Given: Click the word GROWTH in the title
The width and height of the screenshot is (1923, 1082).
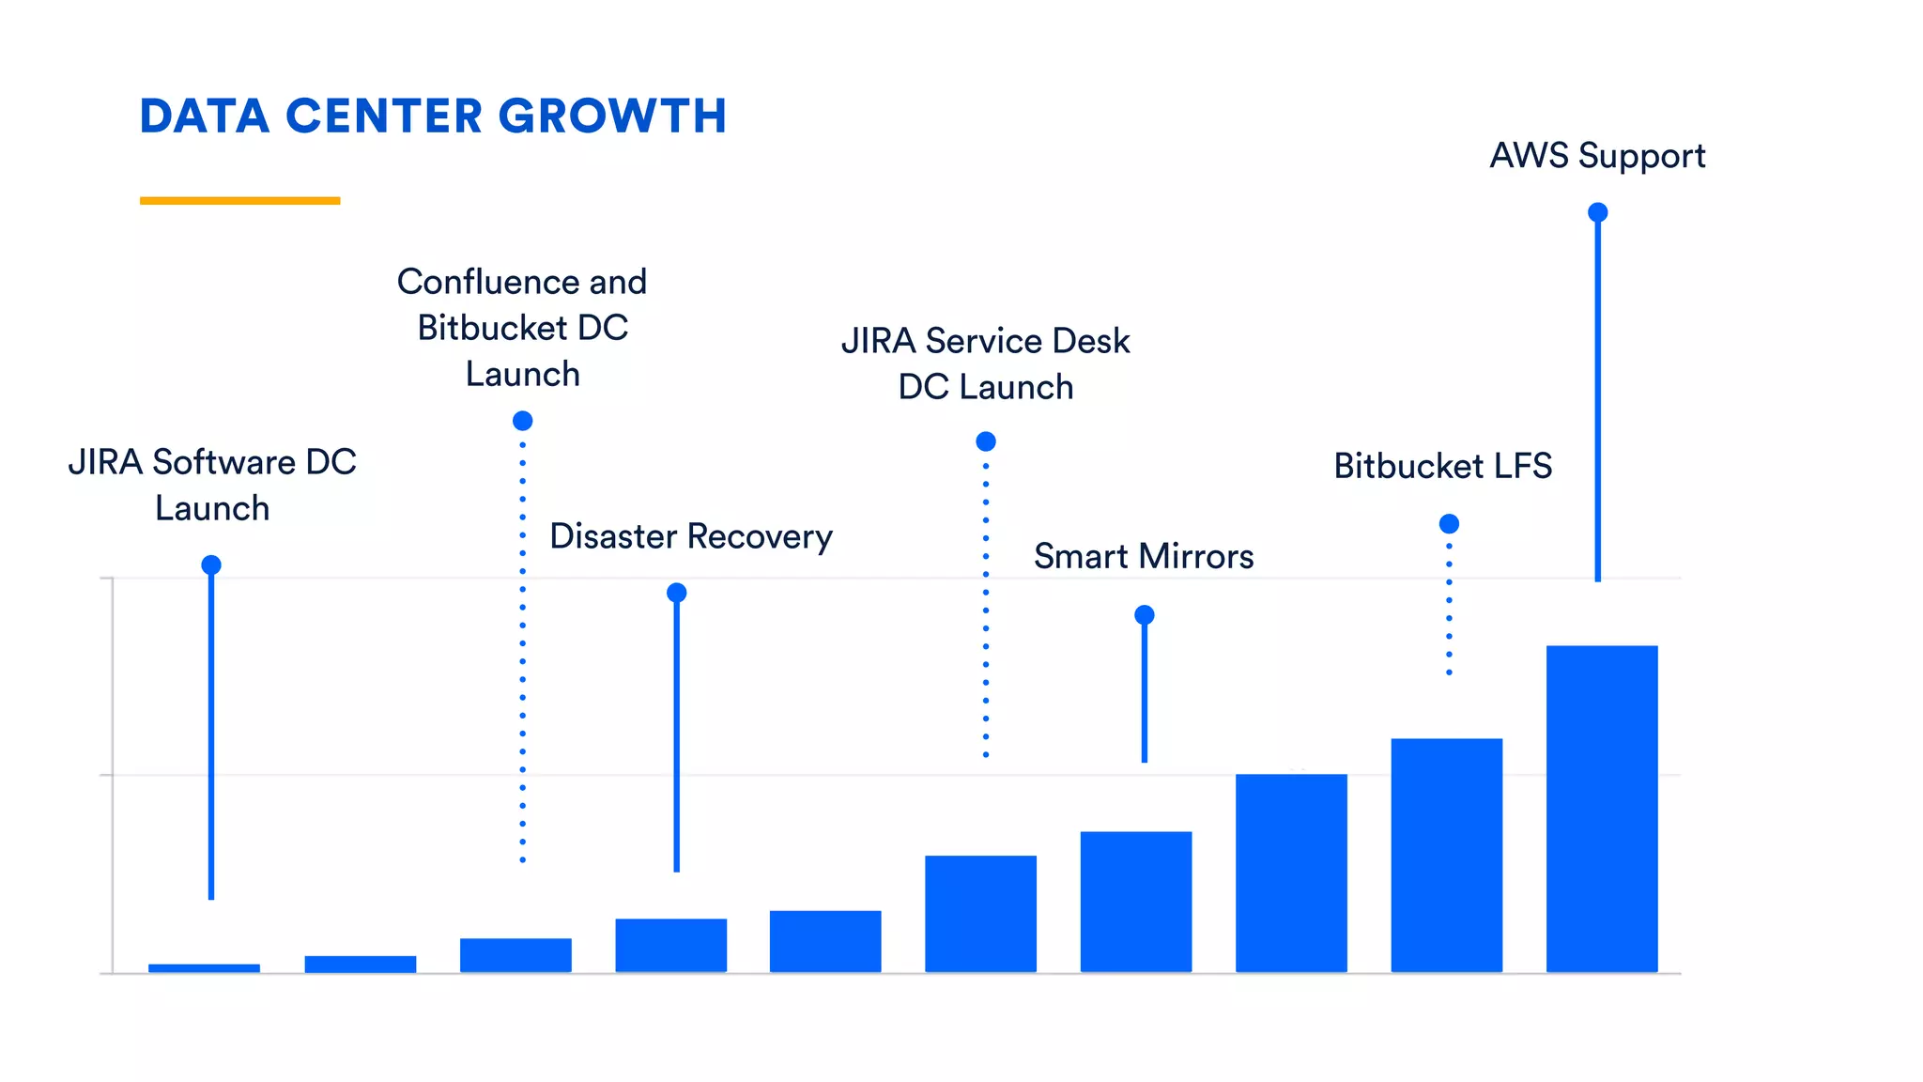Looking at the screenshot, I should pos(612,116).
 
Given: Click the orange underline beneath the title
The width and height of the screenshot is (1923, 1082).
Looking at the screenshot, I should pos(239,200).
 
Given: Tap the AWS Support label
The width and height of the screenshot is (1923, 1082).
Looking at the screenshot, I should pos(1597,156).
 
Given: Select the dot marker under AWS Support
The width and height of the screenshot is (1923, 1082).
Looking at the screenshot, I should pos(1597,212).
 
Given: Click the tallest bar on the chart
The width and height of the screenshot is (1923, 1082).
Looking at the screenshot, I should pos(1601,808).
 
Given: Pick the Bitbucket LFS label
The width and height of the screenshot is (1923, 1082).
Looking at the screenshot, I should pos(1442,466).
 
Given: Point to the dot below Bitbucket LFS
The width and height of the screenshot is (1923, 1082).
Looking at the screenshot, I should pos(1449,523).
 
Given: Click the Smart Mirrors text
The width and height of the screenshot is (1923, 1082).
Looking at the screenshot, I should pos(1143,556).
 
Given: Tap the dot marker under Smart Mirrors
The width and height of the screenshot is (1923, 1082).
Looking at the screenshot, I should pos(1144,615).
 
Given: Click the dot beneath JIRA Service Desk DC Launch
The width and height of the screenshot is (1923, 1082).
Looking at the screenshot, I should pos(985,441).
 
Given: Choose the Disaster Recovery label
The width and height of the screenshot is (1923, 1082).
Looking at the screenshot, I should pos(690,536).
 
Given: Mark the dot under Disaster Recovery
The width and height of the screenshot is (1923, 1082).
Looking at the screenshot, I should pos(676,593).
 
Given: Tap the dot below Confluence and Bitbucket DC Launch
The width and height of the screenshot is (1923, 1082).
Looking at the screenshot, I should pos(522,421).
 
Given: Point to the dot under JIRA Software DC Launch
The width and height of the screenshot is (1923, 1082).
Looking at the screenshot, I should pos(211,564).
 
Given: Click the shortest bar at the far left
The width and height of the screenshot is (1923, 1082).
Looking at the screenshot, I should pos(204,967).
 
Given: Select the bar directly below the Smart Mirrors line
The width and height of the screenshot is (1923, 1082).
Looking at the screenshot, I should pos(1135,902).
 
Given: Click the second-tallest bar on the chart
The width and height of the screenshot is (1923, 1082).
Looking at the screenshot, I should pos(1446,855).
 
